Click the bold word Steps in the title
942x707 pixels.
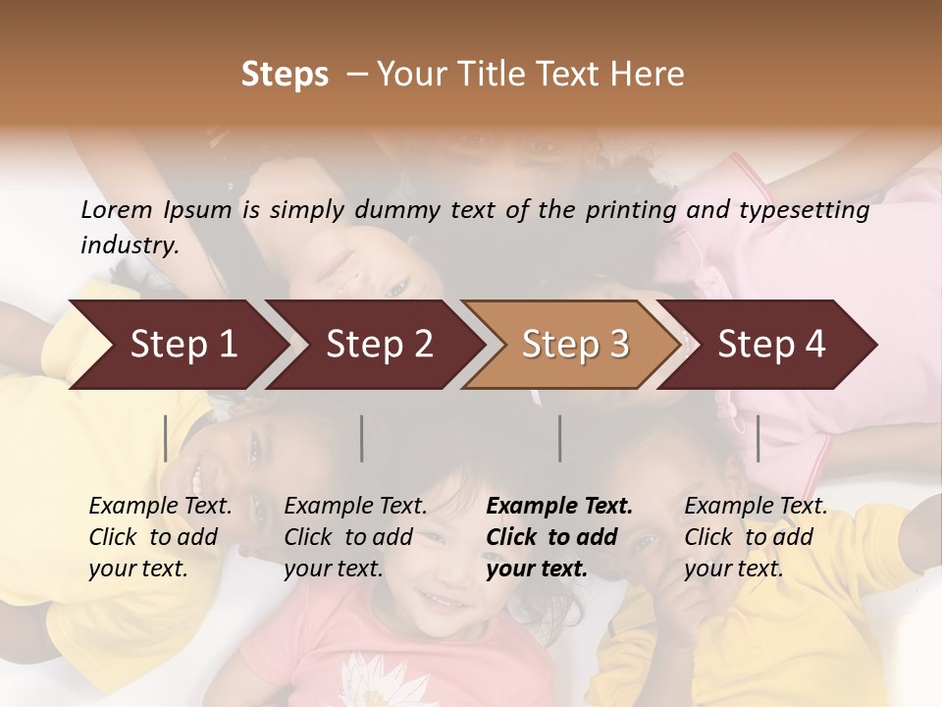(285, 75)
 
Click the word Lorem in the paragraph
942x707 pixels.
(117, 209)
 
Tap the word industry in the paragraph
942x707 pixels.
(129, 245)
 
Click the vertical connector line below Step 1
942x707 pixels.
(166, 438)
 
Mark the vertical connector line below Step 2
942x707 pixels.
(362, 438)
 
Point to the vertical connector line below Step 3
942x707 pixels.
(560, 438)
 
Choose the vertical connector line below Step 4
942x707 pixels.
(759, 438)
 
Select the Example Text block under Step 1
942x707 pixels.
(160, 537)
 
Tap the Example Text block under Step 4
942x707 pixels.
(756, 537)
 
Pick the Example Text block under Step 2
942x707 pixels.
(355, 537)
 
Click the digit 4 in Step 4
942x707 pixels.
(814, 345)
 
